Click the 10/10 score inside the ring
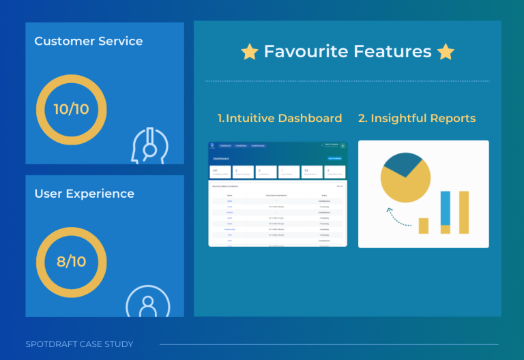71,109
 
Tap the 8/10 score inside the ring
71,261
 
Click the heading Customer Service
89,41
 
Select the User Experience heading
84,194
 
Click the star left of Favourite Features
250,52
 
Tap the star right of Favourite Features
446,52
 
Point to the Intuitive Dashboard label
280,119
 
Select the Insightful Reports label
417,119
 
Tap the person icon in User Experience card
147,302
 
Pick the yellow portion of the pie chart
405,185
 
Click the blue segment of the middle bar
446,208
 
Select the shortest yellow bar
424,226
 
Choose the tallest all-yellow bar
464,212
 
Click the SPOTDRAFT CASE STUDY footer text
79,344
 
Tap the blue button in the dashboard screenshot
335,158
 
